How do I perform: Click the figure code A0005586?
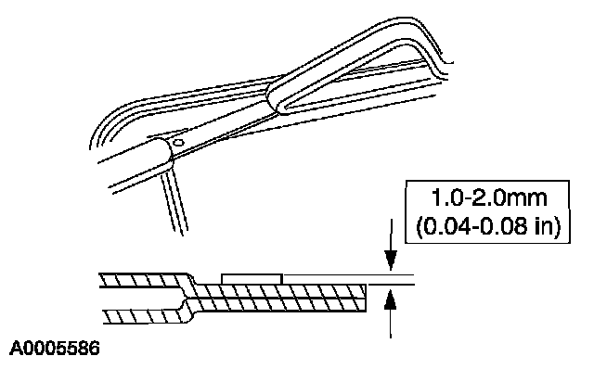[55, 349]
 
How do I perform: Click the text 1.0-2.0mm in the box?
[489, 198]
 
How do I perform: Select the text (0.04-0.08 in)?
[488, 227]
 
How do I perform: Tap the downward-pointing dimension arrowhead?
[391, 260]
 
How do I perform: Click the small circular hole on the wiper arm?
[178, 143]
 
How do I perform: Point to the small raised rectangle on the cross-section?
[252, 279]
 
